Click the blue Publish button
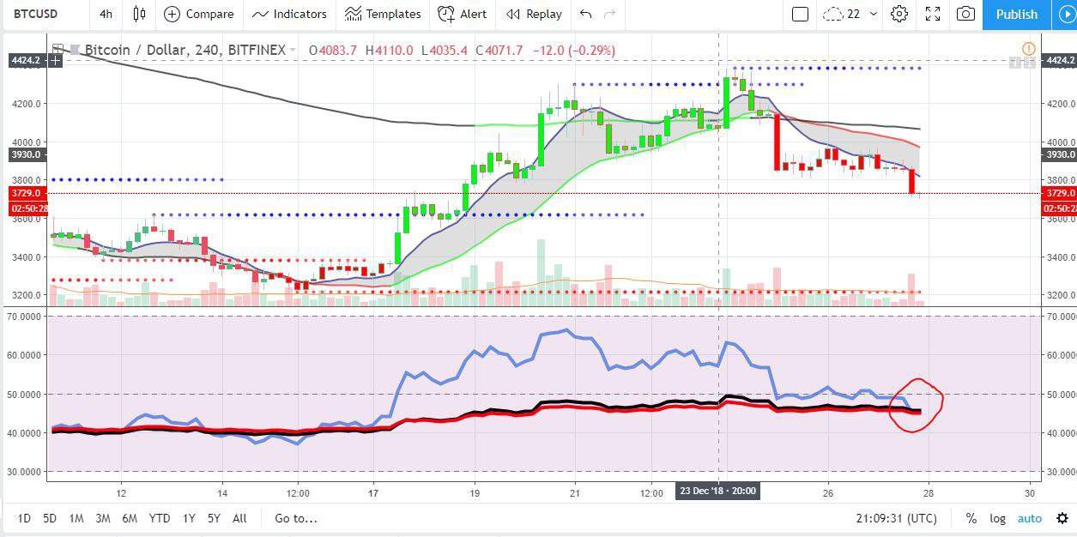1017,14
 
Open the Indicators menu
290,14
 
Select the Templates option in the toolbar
383,14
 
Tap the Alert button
463,14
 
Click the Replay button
534,14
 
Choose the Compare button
199,14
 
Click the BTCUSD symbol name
36,14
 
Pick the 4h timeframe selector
106,14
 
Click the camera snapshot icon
965,14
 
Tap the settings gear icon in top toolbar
899,14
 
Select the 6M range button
130,518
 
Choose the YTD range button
159,518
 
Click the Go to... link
296,518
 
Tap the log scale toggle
997,518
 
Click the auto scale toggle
1030,518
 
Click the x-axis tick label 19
475,493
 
